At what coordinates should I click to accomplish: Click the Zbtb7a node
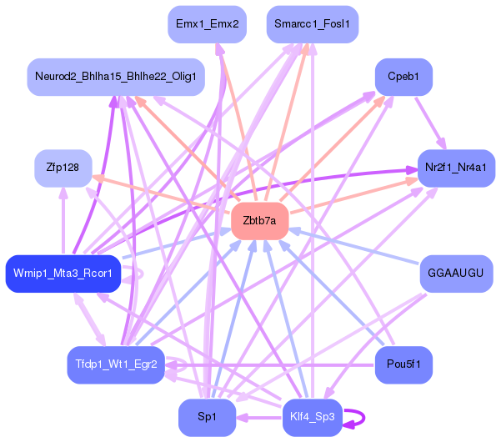coord(260,221)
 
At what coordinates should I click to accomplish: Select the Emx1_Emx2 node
coord(207,24)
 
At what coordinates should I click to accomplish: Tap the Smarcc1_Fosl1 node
coord(313,24)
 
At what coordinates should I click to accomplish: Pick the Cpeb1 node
coord(403,77)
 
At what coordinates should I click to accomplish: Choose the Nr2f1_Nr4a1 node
coord(456,168)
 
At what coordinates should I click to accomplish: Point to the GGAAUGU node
coord(456,274)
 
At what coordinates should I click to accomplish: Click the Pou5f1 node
coord(403,364)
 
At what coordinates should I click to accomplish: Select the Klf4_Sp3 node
coord(313,417)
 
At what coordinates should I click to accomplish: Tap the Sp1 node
coord(207,417)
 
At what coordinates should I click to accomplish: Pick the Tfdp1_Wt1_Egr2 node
coord(116,364)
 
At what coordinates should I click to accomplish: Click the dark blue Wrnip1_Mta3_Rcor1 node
coord(63,274)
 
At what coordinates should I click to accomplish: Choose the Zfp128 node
coord(63,168)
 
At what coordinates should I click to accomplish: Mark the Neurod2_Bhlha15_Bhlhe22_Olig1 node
coord(116,77)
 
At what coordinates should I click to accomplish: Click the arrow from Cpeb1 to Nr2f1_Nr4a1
coord(431,123)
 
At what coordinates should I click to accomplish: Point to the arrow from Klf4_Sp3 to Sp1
coord(259,418)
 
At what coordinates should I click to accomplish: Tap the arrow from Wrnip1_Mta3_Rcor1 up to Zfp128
coord(63,221)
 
